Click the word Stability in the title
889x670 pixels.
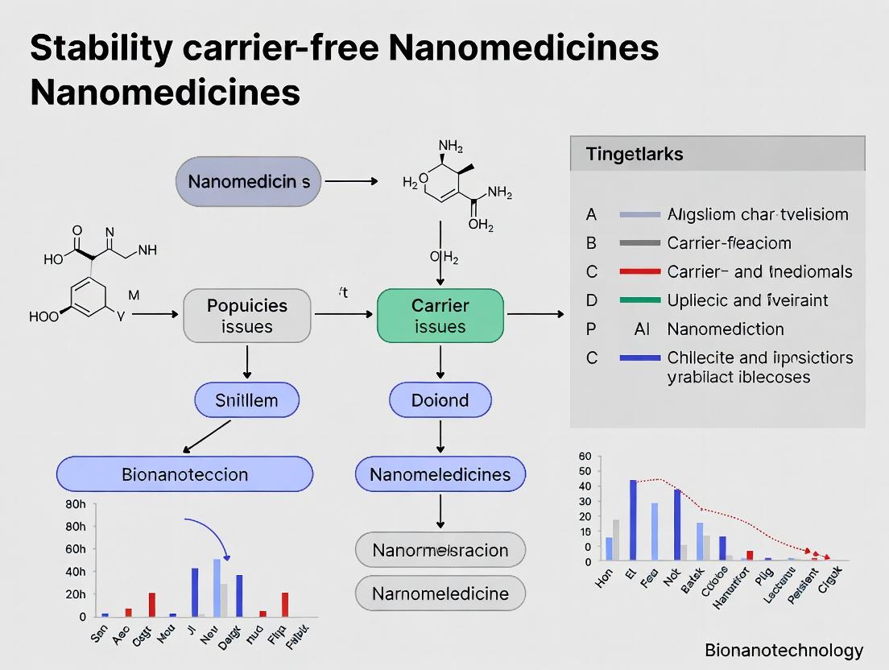[x=101, y=50]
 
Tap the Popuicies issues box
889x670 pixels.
[x=247, y=316]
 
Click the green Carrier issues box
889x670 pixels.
[x=440, y=316]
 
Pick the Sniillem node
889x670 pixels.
[x=246, y=400]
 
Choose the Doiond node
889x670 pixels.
[x=440, y=400]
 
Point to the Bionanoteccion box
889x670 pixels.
[x=184, y=474]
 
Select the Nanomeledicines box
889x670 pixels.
[x=440, y=474]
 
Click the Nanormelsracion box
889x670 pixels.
[x=440, y=550]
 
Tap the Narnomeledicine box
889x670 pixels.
[x=440, y=593]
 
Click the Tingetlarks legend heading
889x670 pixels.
[x=635, y=154]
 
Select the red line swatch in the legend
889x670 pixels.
[x=640, y=272]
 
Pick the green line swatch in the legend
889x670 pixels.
[x=640, y=300]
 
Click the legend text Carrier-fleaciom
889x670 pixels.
[x=730, y=243]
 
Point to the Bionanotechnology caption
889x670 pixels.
[x=783, y=650]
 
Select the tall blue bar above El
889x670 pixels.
[x=633, y=520]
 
